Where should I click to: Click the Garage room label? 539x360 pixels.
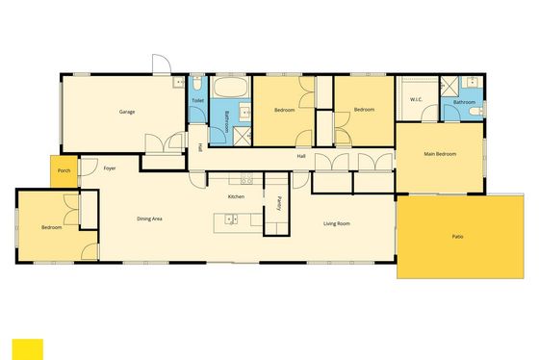click(127, 112)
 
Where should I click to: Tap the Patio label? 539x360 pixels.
click(457, 237)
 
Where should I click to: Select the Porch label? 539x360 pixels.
click(64, 170)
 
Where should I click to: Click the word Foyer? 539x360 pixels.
click(110, 168)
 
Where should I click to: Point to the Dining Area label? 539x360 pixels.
click(149, 219)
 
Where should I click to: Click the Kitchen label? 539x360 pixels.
click(236, 196)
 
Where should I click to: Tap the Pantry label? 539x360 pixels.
click(279, 203)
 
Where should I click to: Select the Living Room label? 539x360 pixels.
click(337, 223)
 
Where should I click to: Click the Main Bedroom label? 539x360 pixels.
click(440, 154)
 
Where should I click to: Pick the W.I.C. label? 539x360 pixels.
click(416, 100)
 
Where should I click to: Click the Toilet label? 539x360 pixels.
click(197, 100)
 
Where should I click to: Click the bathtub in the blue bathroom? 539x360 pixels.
click(231, 87)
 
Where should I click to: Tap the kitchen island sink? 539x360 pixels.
click(231, 219)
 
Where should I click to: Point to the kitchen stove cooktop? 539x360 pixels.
click(246, 179)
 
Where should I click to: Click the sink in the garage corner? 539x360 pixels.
click(178, 82)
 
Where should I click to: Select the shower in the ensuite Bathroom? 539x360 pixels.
click(449, 86)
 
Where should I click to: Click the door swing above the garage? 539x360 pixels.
click(162, 64)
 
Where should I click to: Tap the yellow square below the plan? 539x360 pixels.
click(28, 349)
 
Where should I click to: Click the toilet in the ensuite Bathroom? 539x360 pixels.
click(476, 111)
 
